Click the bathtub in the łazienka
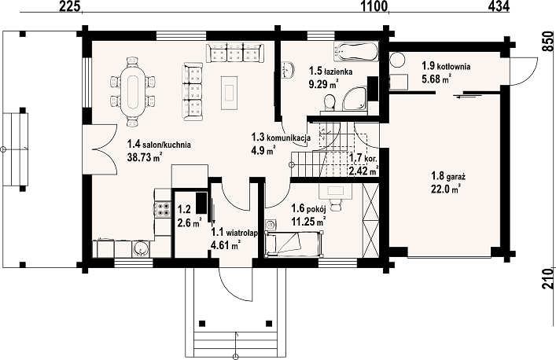coord(355,52)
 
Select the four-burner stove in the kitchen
coord(164,209)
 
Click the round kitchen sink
coord(141,248)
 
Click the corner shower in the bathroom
coord(354,98)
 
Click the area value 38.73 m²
coord(144,157)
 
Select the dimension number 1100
coord(374,6)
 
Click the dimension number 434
coord(499,6)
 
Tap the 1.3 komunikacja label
coord(281,137)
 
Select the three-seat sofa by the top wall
coord(234,53)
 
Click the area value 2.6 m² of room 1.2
coord(190,223)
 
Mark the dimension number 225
coord(69,6)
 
